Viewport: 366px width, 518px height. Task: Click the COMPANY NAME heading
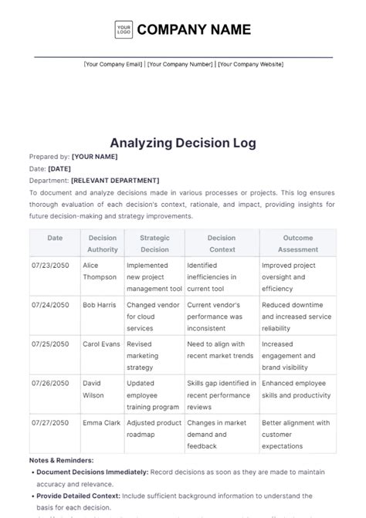coord(194,30)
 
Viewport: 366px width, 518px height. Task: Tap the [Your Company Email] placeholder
coord(113,64)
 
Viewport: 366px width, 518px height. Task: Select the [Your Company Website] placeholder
coord(251,64)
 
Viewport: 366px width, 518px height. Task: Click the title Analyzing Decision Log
coord(183,143)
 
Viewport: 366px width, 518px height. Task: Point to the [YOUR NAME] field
coord(94,157)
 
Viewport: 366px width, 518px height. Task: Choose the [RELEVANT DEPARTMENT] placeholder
coord(115,181)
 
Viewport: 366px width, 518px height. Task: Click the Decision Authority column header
coord(103,244)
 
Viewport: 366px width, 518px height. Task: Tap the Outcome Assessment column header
coord(297,244)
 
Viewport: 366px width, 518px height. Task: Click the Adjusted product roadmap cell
coord(154,428)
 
